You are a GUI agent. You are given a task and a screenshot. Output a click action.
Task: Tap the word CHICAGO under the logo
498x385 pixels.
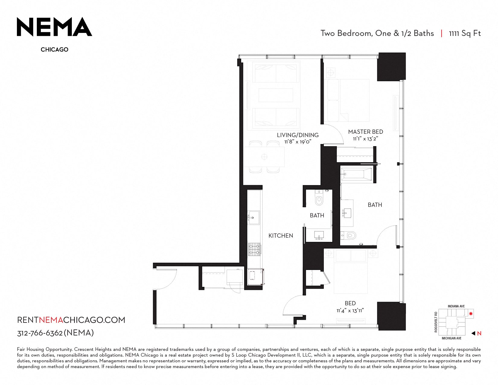click(55, 50)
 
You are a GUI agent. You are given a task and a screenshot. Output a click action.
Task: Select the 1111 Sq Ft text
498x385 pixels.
click(465, 34)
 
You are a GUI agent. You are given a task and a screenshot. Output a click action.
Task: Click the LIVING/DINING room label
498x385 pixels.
click(298, 135)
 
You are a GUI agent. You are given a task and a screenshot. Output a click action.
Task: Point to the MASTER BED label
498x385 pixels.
click(366, 132)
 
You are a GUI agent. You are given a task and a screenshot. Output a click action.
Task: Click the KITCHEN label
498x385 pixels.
click(281, 236)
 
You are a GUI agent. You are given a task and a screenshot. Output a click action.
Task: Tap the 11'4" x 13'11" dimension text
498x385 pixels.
click(350, 311)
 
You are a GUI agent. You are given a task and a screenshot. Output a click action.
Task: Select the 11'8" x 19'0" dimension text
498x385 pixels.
click(298, 142)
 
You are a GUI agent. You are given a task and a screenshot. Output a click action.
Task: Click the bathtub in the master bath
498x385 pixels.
click(357, 174)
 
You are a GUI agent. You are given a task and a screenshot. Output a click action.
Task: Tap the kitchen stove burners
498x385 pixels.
click(254, 249)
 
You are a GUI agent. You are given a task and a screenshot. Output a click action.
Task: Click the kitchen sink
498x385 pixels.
click(254, 218)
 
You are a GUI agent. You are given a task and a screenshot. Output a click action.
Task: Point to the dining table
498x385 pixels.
click(264, 157)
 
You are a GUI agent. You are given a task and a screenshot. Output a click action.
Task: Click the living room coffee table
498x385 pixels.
click(276, 95)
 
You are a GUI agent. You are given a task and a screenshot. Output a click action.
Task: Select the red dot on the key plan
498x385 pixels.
click(471, 314)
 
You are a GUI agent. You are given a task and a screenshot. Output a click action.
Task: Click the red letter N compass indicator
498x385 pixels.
click(479, 333)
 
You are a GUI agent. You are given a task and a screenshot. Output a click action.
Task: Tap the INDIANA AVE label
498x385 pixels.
click(456, 306)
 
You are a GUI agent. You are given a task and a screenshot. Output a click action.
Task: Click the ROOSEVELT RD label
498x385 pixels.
click(436, 322)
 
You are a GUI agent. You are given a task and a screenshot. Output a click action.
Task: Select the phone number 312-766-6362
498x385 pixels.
click(40, 333)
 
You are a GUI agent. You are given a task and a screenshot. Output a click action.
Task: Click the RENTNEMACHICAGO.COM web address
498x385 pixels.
click(71, 320)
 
